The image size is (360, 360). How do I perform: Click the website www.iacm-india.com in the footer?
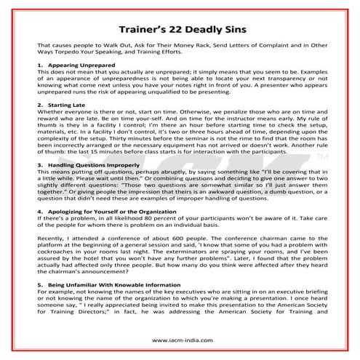pyautogui.click(x=180, y=340)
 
